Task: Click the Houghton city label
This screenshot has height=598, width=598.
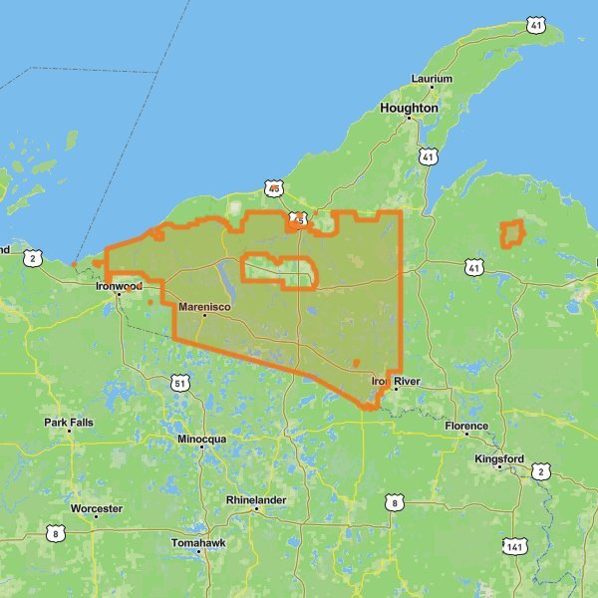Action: tap(409, 108)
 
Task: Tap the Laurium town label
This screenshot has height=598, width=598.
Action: tap(432, 79)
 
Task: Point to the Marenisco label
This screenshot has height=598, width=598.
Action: tap(204, 307)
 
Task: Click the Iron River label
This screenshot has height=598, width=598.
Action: tap(396, 382)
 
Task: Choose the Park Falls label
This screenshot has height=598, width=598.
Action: tap(69, 423)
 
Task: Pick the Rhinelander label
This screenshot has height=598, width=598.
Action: tap(256, 499)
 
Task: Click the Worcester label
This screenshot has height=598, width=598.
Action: tap(97, 509)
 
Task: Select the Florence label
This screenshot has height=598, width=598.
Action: tap(466, 427)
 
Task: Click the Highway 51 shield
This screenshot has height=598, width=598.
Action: tap(179, 383)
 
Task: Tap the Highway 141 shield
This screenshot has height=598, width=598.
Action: tap(514, 546)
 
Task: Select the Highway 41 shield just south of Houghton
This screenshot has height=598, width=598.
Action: tap(429, 156)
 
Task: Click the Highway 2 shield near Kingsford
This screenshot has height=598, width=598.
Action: tap(541, 471)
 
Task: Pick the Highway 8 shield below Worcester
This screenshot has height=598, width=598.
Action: tap(55, 534)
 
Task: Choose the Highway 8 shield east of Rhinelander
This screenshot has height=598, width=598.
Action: tap(396, 502)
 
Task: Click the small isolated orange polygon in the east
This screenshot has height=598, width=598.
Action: tap(511, 234)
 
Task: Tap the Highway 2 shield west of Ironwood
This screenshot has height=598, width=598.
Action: tap(35, 259)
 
